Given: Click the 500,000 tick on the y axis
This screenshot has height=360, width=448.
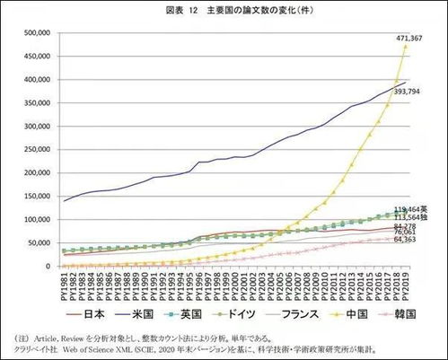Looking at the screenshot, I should [x=36, y=33].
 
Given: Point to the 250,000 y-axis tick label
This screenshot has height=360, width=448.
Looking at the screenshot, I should [x=36, y=150].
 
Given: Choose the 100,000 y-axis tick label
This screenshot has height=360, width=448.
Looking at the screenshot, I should [x=36, y=220].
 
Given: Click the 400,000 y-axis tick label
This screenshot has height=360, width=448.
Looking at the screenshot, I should [x=36, y=80].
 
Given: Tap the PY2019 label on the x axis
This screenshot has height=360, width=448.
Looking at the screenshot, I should [x=406, y=286].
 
